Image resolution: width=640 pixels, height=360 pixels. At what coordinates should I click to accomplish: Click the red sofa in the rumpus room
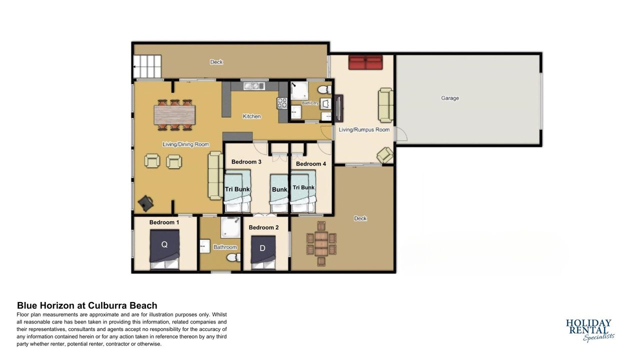(x=365, y=62)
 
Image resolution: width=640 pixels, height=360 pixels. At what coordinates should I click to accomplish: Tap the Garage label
(x=449, y=98)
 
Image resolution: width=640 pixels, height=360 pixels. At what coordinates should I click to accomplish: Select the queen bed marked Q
(x=164, y=249)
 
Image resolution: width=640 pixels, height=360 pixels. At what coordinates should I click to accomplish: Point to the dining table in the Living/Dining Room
(x=174, y=115)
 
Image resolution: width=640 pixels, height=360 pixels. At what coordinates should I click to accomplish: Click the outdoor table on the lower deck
(x=321, y=243)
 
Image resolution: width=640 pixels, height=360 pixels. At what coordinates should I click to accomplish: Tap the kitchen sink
(x=254, y=85)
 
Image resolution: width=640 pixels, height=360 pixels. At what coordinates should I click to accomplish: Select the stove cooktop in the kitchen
(x=282, y=103)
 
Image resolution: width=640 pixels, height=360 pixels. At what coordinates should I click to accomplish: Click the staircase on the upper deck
(x=147, y=66)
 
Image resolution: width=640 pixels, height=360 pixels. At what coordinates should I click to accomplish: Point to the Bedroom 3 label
(x=246, y=161)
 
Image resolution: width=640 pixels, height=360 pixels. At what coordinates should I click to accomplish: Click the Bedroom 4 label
(x=311, y=163)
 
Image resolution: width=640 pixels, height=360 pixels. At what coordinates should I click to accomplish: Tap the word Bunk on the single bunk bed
(x=279, y=189)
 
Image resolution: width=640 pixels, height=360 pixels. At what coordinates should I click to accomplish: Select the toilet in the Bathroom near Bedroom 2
(x=233, y=257)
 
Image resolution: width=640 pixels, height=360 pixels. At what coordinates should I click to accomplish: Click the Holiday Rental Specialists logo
(x=590, y=330)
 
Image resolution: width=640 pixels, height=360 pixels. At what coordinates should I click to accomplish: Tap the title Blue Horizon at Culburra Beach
(x=87, y=305)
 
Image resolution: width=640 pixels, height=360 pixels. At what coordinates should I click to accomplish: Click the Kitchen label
(x=251, y=116)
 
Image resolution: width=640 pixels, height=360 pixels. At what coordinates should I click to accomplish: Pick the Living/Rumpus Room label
(x=364, y=129)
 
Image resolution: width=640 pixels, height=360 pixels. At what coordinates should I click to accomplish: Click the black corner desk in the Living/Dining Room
(x=146, y=203)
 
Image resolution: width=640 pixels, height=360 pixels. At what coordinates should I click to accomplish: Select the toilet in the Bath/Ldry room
(x=324, y=89)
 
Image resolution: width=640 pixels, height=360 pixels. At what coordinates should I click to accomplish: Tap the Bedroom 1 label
(x=164, y=222)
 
